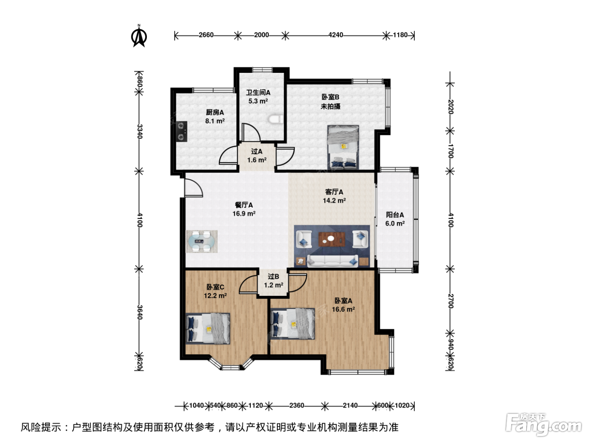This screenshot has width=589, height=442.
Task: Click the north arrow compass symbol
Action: pos(139,36)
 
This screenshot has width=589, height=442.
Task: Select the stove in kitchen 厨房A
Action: pos(182,131)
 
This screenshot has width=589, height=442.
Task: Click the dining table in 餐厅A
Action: pos(201,241)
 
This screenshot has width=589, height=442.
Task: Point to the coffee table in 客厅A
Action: pos(332,239)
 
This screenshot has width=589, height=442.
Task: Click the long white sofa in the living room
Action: pos(332,261)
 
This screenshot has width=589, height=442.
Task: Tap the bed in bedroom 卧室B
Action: pos(343,147)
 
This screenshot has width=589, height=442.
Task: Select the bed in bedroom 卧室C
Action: pos(208,328)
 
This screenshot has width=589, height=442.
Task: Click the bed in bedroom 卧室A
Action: pos(292,324)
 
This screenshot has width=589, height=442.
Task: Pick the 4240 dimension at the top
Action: pos(336,35)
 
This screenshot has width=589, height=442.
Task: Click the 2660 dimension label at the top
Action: pos(206,35)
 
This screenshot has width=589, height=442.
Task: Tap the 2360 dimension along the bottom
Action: pos(297,405)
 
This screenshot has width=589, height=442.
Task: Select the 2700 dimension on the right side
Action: pos(451,301)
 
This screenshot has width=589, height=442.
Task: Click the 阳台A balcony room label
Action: pos(395,215)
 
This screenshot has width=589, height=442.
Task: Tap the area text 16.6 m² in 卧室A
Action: pos(343,309)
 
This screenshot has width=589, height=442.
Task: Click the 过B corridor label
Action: pos(273,277)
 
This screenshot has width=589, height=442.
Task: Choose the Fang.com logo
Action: pos(544,424)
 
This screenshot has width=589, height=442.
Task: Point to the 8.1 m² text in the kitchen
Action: pos(215,121)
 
